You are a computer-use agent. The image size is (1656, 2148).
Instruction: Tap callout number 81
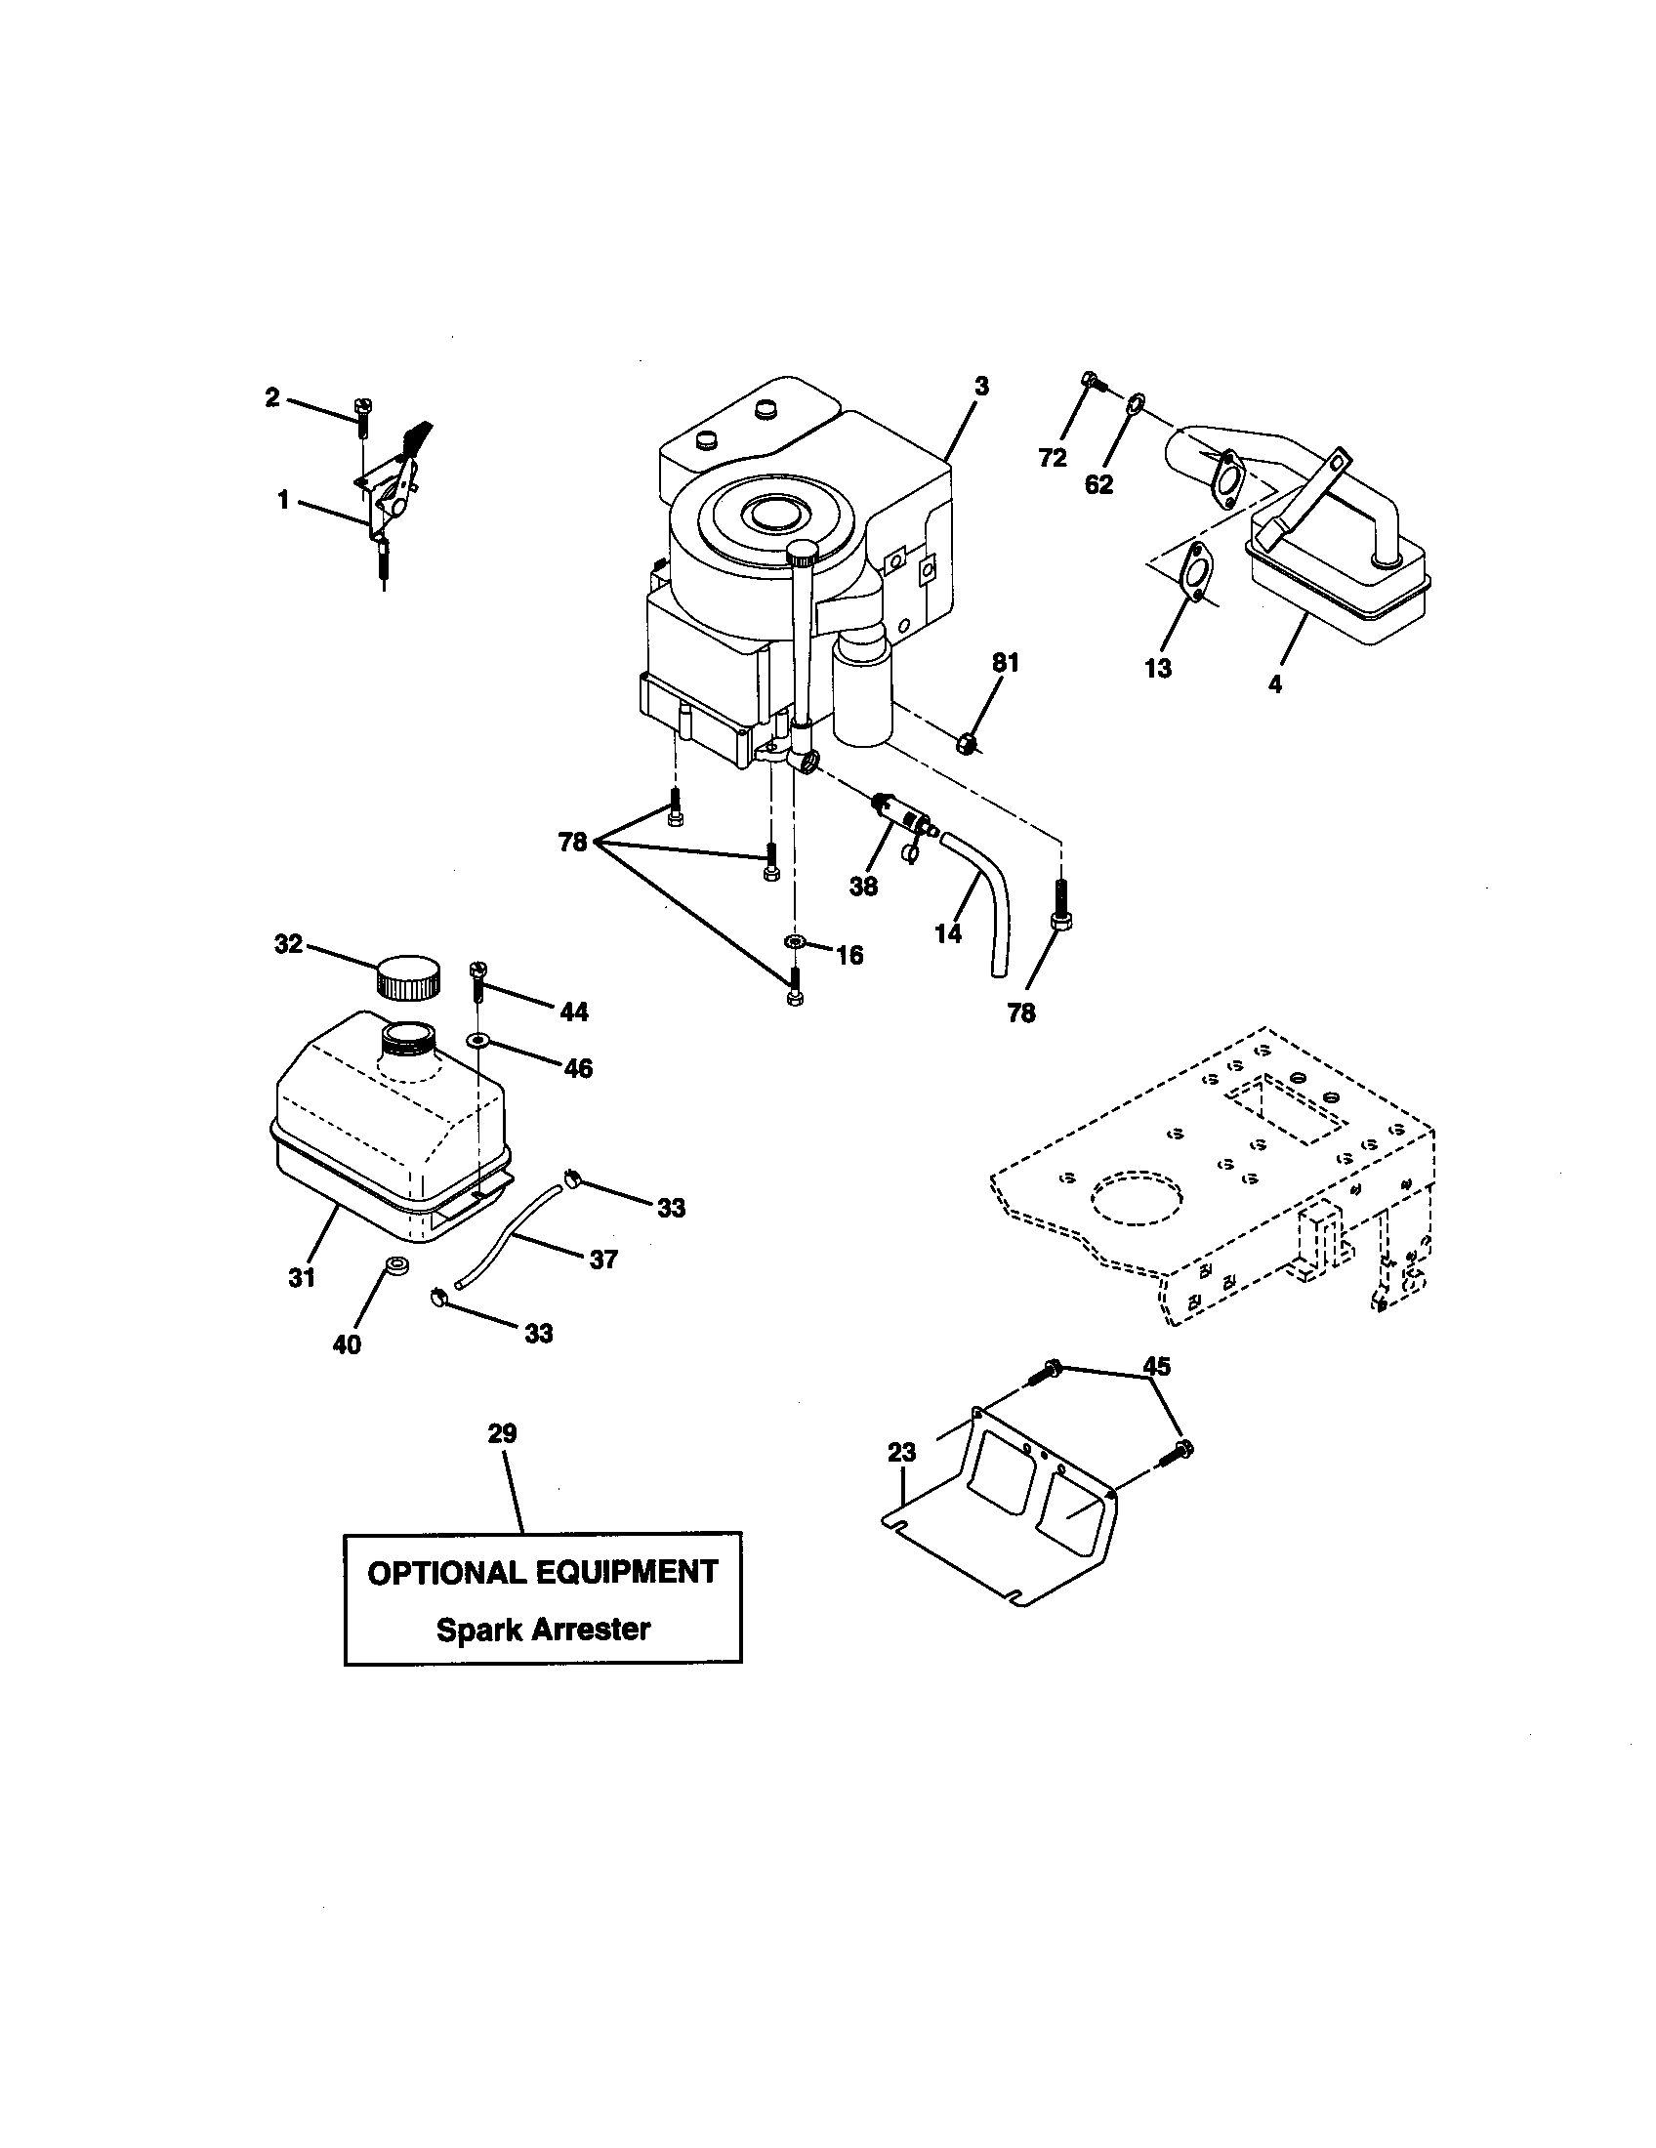click(x=1005, y=663)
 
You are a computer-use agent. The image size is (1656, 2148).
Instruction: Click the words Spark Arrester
click(x=543, y=1630)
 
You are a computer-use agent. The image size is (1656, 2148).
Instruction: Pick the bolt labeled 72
click(x=1092, y=381)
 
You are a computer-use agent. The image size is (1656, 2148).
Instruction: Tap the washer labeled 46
click(x=476, y=1040)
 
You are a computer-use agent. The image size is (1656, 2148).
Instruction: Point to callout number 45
click(x=1157, y=1366)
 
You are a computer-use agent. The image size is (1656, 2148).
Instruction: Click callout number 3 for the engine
click(x=981, y=386)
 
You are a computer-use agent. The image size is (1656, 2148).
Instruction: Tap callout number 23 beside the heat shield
click(x=901, y=1453)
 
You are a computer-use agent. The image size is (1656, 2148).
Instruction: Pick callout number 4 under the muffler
click(x=1275, y=684)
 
